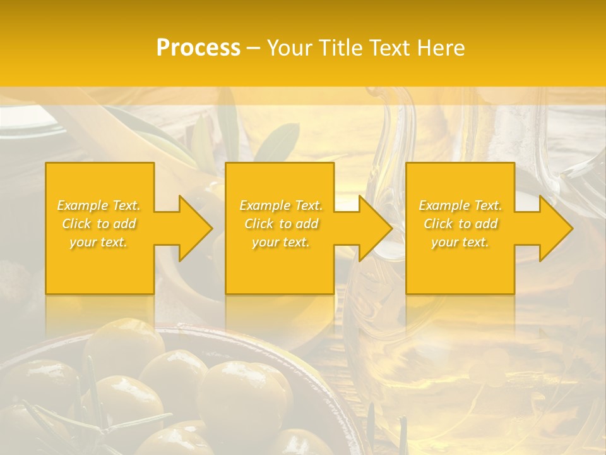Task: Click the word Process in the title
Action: click(198, 47)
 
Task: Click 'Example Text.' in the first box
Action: click(99, 205)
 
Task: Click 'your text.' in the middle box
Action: click(280, 242)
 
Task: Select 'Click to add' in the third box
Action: click(460, 224)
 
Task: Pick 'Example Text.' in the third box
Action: click(460, 205)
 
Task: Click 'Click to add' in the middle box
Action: click(281, 224)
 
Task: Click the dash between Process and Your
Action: click(253, 47)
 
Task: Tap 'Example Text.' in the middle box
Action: click(281, 205)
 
